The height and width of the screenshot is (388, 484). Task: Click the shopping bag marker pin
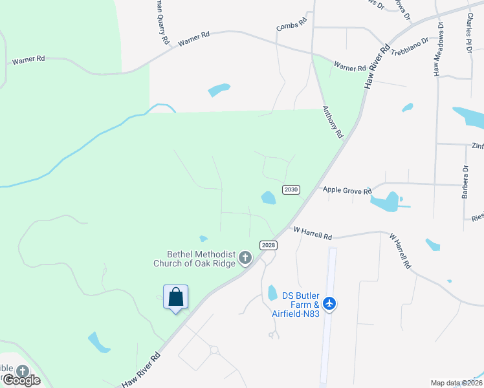click(x=175, y=297)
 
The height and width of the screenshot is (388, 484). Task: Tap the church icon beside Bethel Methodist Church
click(x=245, y=258)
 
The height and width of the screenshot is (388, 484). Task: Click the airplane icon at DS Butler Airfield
click(x=330, y=303)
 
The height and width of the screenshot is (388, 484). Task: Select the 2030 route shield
click(x=291, y=189)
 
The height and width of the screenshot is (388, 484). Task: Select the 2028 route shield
click(x=269, y=244)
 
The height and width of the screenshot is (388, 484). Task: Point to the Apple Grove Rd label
click(x=347, y=191)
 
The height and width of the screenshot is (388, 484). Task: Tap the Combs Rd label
click(x=291, y=27)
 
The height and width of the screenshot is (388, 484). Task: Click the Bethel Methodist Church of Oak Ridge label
click(x=194, y=259)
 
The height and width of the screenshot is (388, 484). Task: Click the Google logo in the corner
click(x=21, y=380)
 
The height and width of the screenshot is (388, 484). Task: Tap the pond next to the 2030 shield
click(x=268, y=197)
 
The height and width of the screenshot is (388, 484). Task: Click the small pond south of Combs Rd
click(x=219, y=90)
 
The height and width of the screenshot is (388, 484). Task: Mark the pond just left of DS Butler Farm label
click(x=272, y=293)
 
